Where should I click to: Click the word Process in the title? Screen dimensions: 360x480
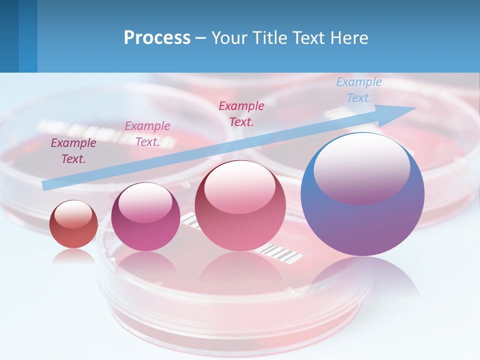157,38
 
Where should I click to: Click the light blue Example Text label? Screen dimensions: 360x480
358,90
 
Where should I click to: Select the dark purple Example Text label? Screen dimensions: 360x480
73,151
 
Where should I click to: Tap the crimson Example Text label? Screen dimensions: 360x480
241,113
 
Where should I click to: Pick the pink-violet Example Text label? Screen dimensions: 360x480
147,133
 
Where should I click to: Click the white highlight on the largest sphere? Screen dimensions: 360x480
361,165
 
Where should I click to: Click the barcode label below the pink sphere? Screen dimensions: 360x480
283,252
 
